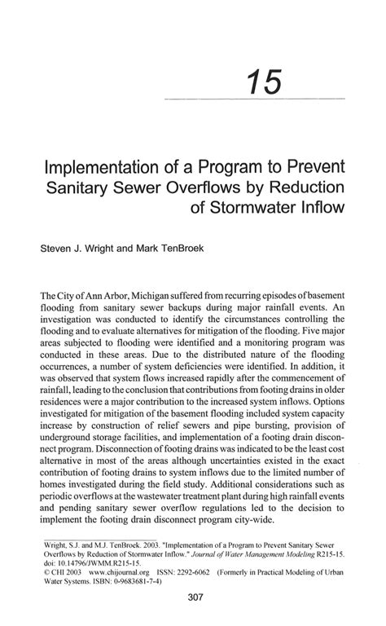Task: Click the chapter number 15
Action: [x=265, y=83]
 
